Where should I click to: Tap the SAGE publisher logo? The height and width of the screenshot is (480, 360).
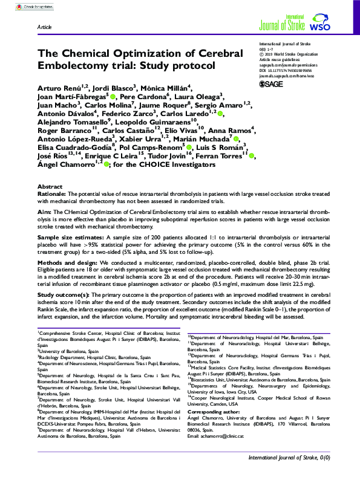[x=270, y=84]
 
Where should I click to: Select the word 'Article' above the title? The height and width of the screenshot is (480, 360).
[x=44, y=28]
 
